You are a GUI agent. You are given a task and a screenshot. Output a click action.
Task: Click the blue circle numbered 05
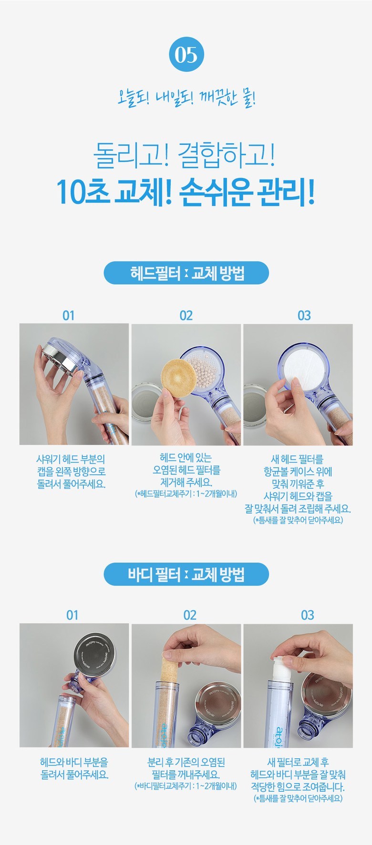coord(186,54)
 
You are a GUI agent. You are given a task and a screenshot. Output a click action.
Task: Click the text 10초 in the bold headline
coord(82,192)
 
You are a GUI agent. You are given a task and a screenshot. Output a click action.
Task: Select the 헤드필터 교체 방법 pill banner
coord(186,273)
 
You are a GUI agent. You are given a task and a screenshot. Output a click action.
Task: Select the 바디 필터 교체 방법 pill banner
coord(186,574)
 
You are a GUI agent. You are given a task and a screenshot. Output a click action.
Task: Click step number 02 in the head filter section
coord(186,315)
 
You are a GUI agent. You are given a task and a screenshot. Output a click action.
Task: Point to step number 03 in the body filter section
coord(308,615)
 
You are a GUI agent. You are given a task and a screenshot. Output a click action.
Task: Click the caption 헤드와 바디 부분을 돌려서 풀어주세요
coord(74,768)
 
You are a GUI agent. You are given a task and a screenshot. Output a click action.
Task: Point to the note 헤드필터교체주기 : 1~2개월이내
coord(186,493)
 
